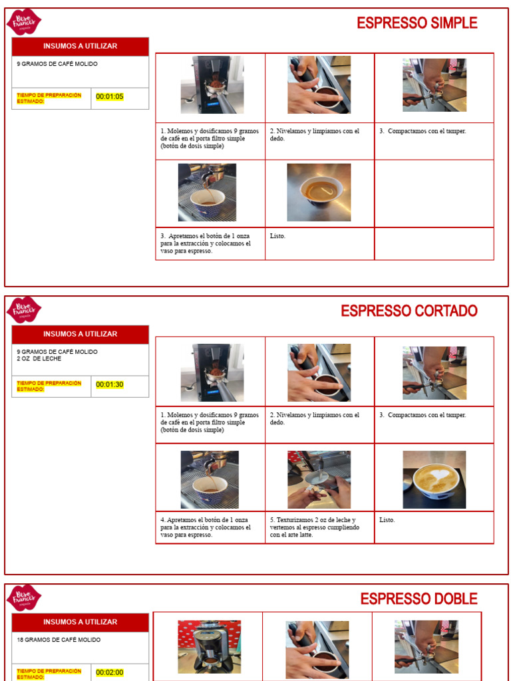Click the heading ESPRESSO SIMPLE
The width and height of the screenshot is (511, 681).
tap(417, 23)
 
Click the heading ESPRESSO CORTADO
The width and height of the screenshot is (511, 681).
tap(409, 311)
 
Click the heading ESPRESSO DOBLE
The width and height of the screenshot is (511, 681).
tap(419, 599)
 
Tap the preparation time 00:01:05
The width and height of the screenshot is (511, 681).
tap(110, 97)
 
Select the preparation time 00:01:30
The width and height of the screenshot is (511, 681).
tap(110, 385)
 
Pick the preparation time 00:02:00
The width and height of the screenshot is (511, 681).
tap(110, 672)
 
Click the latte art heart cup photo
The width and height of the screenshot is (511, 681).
tap(434, 479)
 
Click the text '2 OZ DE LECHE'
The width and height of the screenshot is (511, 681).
tap(39, 359)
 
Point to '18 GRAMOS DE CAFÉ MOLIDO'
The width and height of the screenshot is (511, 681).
tap(59, 640)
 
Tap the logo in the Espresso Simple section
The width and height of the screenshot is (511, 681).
tap(24, 22)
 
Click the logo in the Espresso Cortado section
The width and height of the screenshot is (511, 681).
tap(24, 310)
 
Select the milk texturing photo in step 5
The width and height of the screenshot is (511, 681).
tap(319, 479)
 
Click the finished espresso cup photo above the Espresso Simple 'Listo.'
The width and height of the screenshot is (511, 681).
tap(319, 192)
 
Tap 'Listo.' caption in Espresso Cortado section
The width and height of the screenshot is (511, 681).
tap(387, 520)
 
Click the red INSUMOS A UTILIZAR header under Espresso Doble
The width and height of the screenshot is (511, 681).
tap(80, 622)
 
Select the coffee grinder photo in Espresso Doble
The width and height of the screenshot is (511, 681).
tap(209, 646)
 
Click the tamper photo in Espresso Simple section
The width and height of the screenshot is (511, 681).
tap(434, 85)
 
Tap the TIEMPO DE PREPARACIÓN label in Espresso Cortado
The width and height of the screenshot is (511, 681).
tap(49, 386)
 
